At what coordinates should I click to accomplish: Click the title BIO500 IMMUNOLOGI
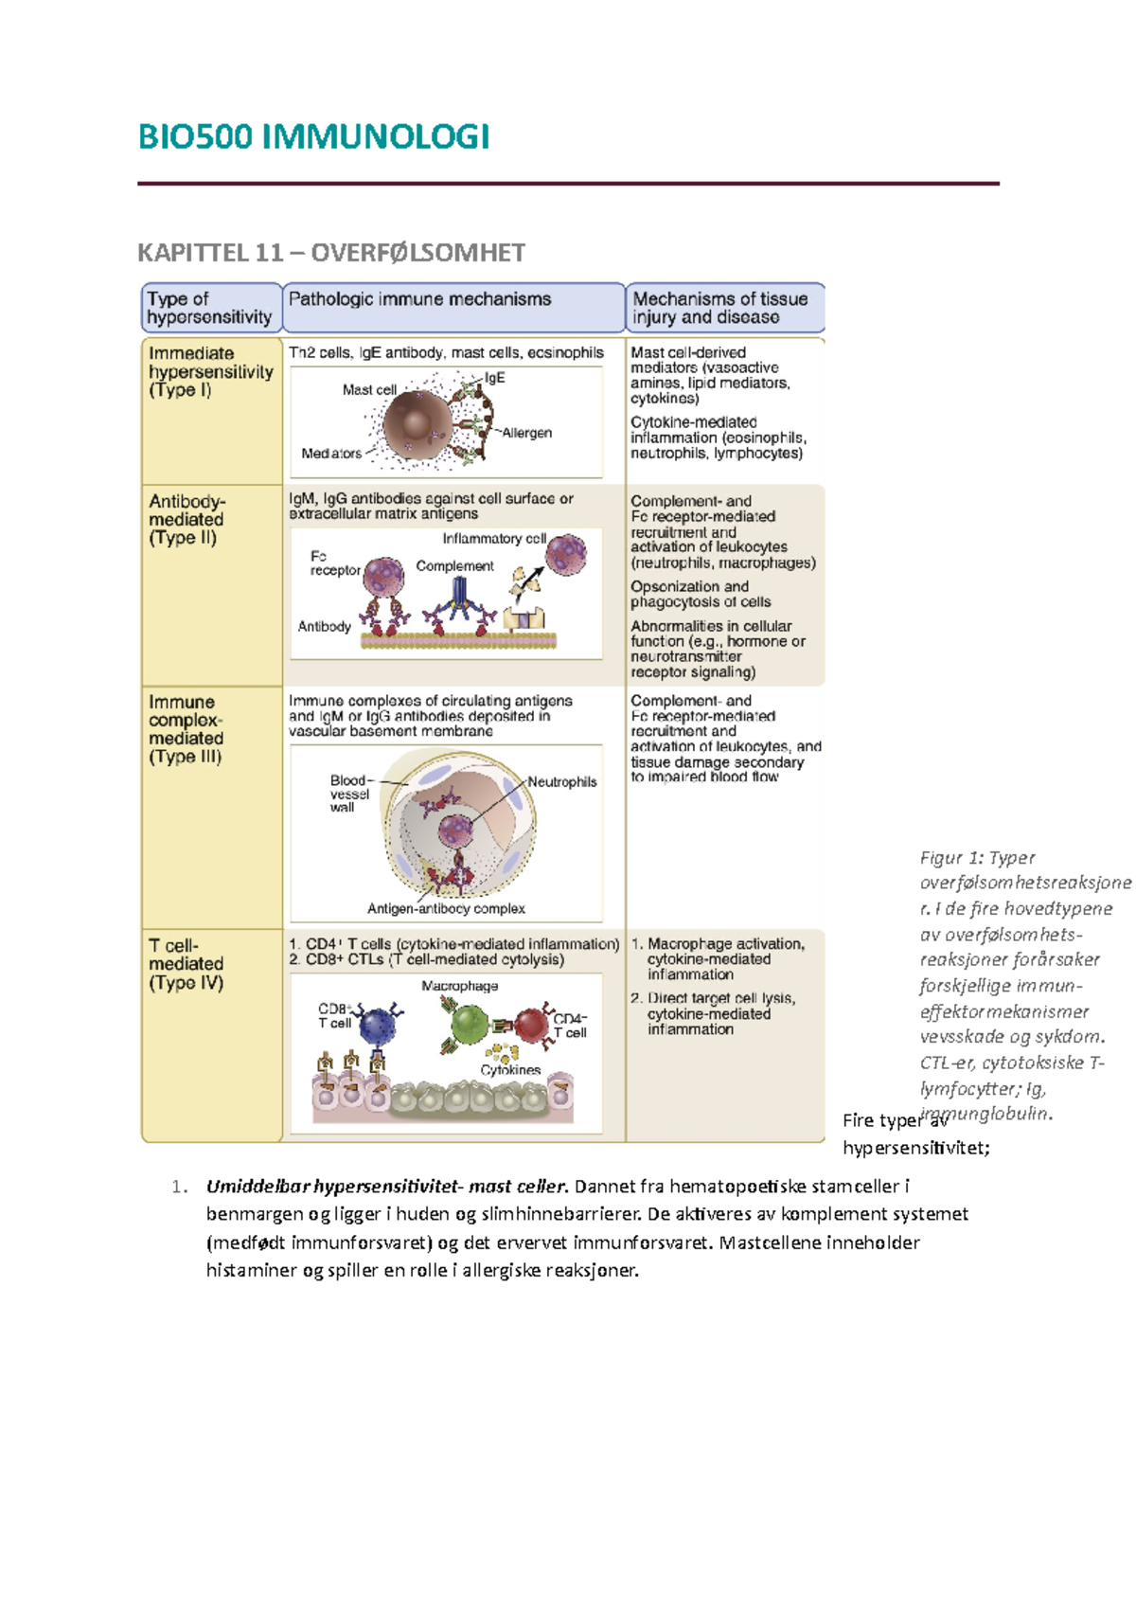point(313,137)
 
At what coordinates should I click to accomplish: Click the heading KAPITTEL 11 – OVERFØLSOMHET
point(330,253)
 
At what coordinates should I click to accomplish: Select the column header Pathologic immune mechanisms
point(419,299)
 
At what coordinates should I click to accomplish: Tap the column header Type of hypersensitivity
point(209,308)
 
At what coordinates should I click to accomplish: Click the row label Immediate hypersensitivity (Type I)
point(210,371)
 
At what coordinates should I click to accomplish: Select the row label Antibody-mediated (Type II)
point(186,519)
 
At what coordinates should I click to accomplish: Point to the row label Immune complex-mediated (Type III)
point(186,728)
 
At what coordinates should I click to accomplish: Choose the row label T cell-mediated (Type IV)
point(186,963)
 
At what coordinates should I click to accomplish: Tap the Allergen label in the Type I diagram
point(527,433)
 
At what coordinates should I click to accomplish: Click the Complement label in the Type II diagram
point(454,566)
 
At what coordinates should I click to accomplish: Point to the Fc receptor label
point(334,563)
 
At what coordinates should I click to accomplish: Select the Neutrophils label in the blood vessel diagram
point(562,782)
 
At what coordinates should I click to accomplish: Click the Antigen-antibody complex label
point(446,908)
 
